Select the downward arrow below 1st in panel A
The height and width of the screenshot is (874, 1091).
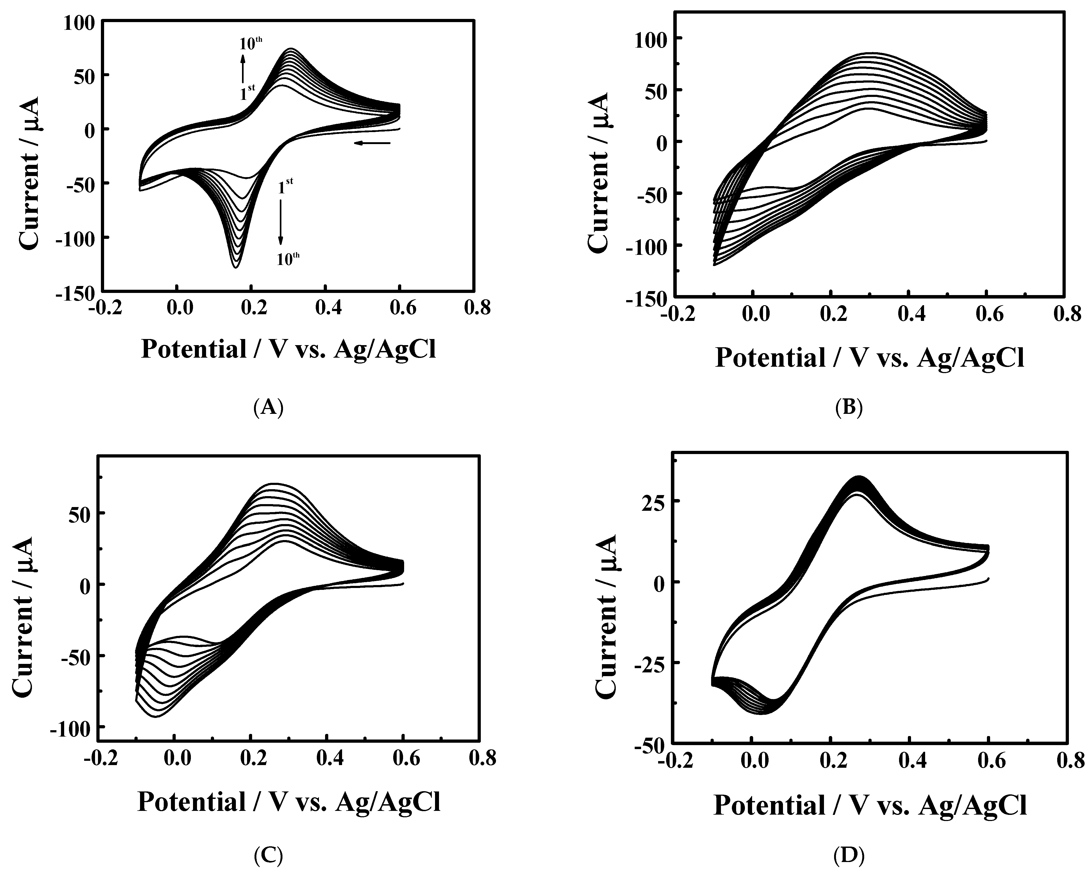[x=281, y=222]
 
